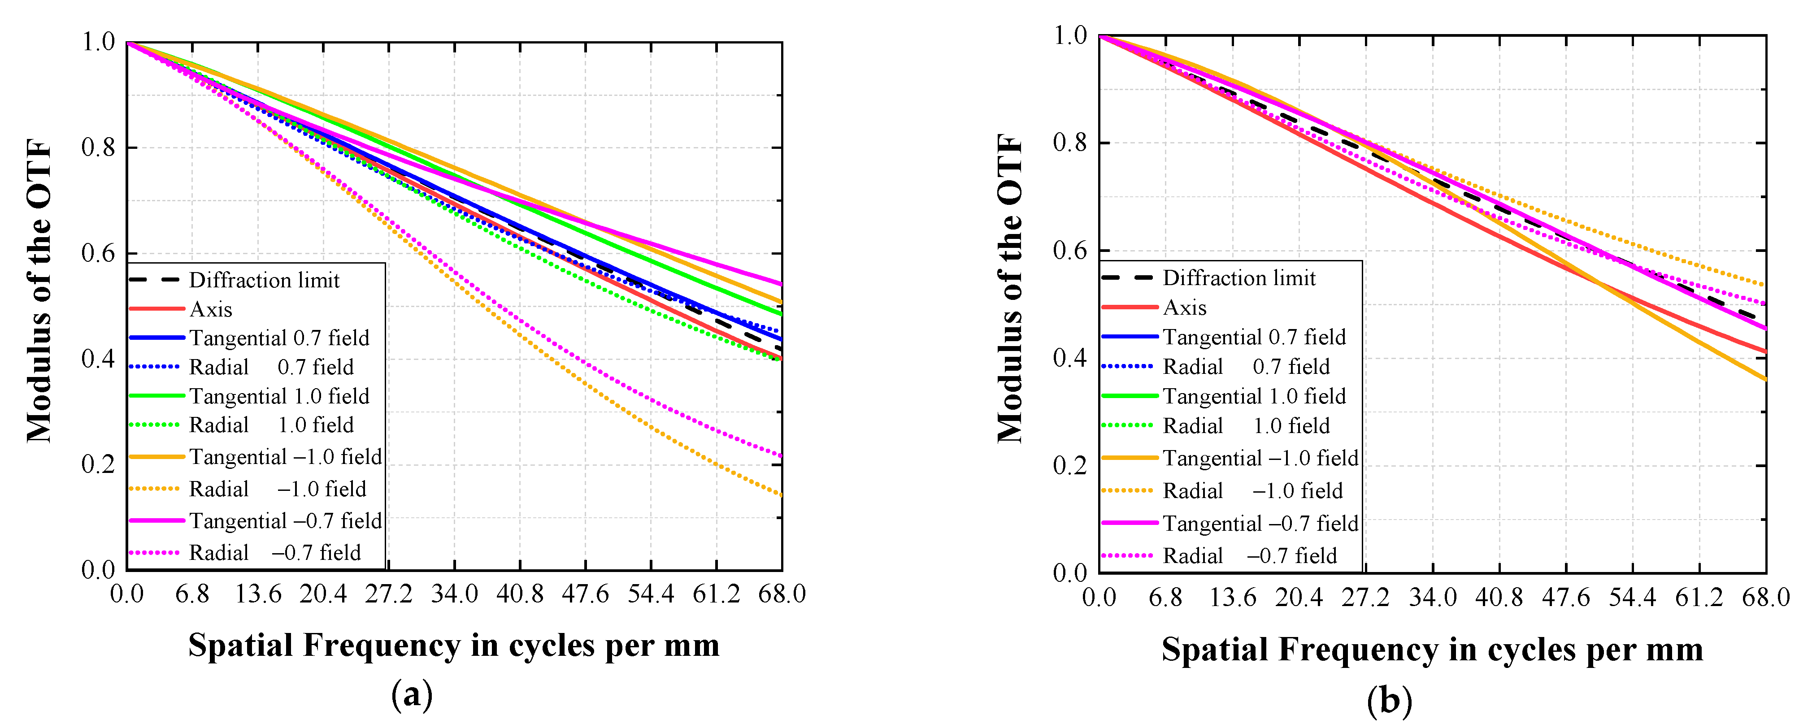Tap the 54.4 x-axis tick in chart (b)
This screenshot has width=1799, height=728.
1632,598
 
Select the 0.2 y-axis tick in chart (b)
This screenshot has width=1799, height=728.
1069,466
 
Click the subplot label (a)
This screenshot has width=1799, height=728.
412,694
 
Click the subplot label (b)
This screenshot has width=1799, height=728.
1388,700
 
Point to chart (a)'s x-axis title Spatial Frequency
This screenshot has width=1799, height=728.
453,645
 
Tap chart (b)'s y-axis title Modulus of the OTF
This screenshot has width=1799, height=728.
1010,288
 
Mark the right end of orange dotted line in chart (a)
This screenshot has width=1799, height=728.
781,495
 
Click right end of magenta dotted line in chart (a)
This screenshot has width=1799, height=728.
781,456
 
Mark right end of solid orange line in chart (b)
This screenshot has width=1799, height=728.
1765,379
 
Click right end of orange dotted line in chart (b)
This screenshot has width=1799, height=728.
1765,285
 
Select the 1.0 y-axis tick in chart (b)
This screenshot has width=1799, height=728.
1069,35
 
